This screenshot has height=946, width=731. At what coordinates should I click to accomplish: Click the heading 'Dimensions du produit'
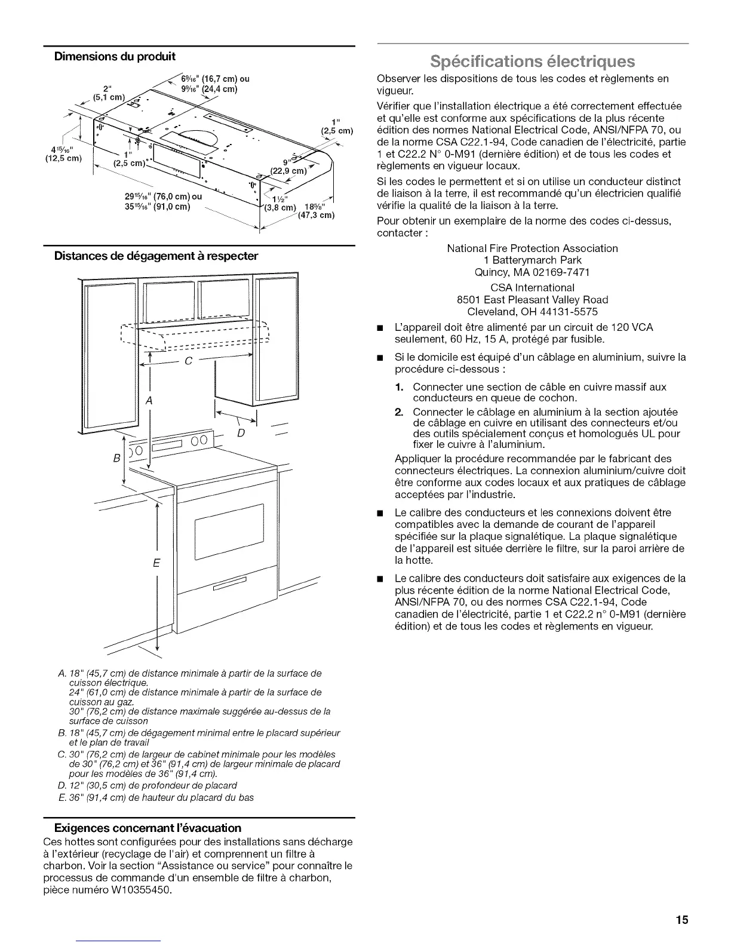click(x=115, y=57)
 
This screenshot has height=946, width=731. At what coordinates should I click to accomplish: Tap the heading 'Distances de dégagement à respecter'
click(x=156, y=256)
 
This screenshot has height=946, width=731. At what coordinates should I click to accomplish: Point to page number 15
click(x=683, y=920)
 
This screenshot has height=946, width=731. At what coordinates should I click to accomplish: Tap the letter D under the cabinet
click(x=241, y=431)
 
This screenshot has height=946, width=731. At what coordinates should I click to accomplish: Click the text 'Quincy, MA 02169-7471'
click(x=532, y=272)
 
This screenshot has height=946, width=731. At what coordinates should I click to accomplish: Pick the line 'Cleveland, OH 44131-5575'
click(x=532, y=312)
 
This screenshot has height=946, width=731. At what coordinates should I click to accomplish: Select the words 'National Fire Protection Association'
click(x=532, y=248)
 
